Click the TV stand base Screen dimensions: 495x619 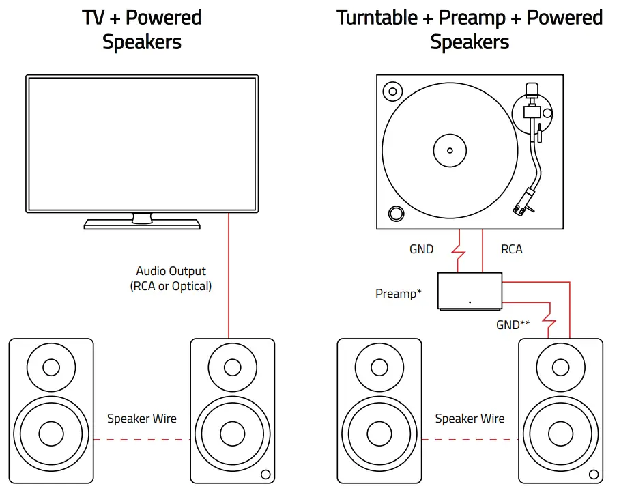pos(142,224)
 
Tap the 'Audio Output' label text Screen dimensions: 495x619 pos(171,271)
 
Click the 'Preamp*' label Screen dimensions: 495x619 pos(399,294)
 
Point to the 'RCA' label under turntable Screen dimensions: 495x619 pos(511,249)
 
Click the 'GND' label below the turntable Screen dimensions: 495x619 pos(421,249)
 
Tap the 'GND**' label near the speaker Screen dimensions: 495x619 pos(513,325)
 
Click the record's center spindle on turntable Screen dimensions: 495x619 pos(449,150)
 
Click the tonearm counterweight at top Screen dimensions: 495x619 pos(532,90)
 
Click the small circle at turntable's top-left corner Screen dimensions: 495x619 pos(392,91)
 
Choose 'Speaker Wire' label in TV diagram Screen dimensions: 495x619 pos(142,419)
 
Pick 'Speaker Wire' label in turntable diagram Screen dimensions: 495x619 pos(470,419)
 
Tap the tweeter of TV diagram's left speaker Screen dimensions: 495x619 pos(51,367)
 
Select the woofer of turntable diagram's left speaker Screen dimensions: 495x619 pos(379,432)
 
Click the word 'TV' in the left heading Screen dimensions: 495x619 pos(93,17)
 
